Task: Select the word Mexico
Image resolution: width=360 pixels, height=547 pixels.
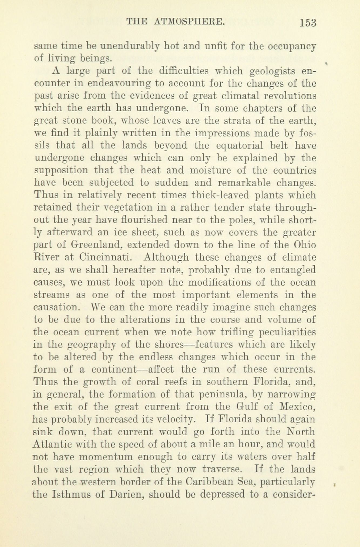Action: [x=297, y=407]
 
